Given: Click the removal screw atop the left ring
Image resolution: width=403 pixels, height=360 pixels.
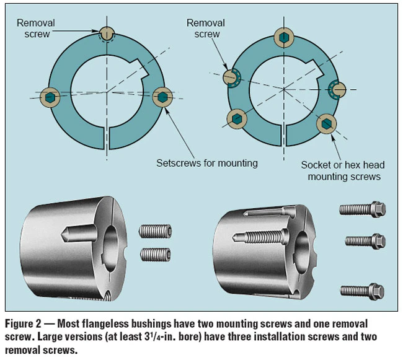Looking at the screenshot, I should click(107, 34).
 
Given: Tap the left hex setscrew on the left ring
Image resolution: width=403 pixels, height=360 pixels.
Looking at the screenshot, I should click(51, 97).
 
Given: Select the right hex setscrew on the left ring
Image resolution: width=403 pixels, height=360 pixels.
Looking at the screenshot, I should click(163, 97).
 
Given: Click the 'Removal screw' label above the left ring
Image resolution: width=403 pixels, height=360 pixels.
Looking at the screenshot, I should click(36, 29).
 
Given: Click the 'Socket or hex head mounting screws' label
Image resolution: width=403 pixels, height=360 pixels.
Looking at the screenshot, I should click(342, 170).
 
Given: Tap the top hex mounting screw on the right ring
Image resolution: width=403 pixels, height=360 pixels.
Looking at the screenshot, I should click(284, 37).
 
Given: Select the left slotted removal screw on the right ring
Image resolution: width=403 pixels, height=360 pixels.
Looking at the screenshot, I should click(232, 77).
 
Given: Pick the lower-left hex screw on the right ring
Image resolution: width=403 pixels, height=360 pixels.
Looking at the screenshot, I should click(238, 118).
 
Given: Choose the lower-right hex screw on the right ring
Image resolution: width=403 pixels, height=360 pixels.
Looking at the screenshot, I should click(327, 123).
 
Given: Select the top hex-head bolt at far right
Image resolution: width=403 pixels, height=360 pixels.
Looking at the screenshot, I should click(363, 209).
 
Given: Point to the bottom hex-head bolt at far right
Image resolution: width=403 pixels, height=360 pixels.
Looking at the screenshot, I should click(363, 289).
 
